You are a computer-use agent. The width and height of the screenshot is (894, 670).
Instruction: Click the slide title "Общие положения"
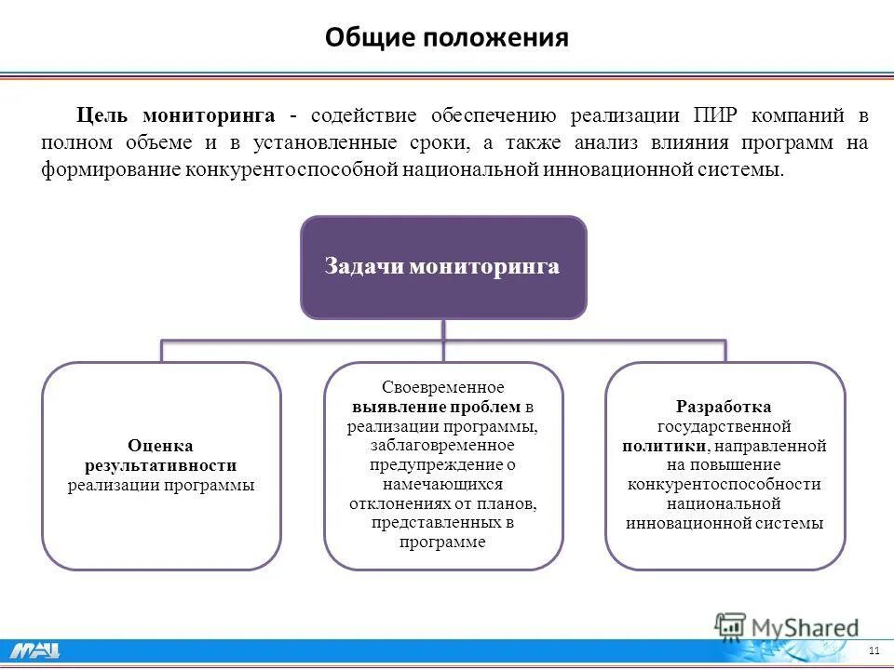[x=446, y=37]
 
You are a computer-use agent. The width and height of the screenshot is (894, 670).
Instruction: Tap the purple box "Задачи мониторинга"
[x=443, y=267]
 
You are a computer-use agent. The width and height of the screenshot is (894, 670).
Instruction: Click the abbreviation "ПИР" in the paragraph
[x=718, y=116]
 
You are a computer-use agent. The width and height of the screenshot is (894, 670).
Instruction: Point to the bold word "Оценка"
[x=160, y=446]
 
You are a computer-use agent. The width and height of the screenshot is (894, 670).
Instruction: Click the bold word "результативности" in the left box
[x=160, y=465]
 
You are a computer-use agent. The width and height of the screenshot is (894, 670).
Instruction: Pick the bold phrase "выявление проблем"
[x=436, y=407]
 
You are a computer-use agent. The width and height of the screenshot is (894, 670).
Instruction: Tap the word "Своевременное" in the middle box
[x=443, y=387]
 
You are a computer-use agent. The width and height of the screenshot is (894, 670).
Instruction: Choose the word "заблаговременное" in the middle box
[x=443, y=445]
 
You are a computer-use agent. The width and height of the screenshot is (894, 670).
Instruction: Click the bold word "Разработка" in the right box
[x=724, y=407]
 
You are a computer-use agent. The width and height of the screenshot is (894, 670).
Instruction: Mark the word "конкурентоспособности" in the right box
[x=724, y=484]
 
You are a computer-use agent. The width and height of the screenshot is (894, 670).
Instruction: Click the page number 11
[x=873, y=650]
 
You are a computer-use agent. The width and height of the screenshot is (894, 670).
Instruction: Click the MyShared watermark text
[x=806, y=627]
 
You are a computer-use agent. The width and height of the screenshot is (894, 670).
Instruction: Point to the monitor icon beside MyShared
[x=731, y=625]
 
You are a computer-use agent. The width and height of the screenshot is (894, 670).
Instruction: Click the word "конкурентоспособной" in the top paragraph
[x=292, y=170]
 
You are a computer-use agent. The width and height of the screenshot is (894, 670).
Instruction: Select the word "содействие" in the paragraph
[x=366, y=116]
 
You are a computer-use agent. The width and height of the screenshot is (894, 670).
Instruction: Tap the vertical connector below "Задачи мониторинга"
[x=443, y=329]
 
